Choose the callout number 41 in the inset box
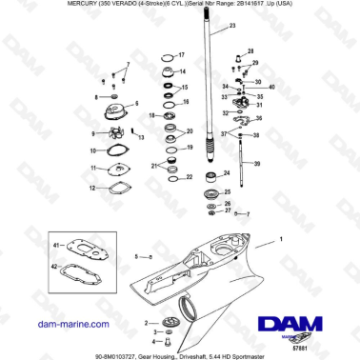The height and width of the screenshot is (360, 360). pyautogui.click(x=56, y=246)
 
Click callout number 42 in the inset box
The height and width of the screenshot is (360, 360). pyautogui.click(x=56, y=270)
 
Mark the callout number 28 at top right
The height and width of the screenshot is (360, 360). pyautogui.click(x=251, y=52)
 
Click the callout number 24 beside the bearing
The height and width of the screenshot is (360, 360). pyautogui.click(x=224, y=173)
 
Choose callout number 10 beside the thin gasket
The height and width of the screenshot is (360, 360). pyautogui.click(x=91, y=150)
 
